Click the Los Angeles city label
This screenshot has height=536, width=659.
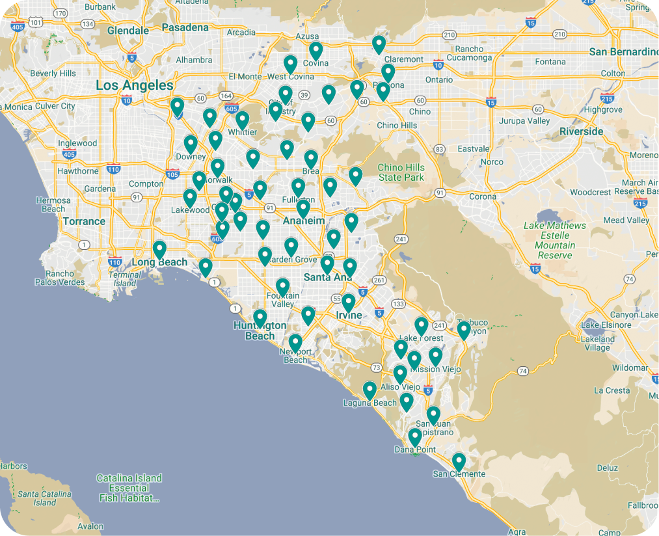point(135,85)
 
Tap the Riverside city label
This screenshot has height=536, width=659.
point(580,131)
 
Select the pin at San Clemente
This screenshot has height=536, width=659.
point(459,462)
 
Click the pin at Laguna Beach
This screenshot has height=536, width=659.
point(370,390)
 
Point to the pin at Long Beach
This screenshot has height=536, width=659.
point(159,250)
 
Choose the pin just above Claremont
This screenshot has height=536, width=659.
point(379,44)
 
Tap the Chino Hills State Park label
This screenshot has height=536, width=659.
point(401,172)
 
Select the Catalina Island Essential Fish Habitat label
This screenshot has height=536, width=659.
point(129,488)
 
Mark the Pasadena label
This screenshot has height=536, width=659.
point(185,27)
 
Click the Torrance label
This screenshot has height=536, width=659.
point(84,221)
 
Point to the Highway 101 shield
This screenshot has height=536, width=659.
point(36,23)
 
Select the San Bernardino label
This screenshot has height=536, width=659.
point(623,51)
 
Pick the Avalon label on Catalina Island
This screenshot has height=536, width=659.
point(90,526)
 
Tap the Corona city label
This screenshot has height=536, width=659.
point(483,196)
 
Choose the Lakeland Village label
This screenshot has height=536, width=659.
point(597,343)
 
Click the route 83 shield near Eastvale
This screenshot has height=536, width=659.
point(440,150)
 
